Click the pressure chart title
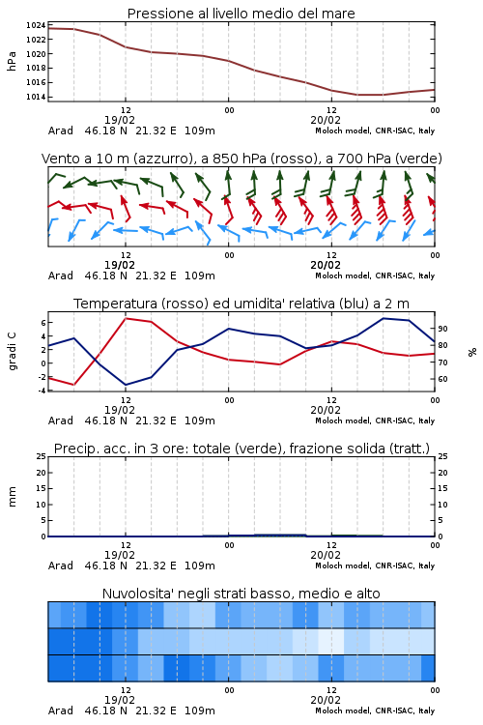pos(241,14)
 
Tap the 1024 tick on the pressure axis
pos(36,25)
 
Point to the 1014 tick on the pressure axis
pos(36,97)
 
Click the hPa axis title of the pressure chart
pos(12,61)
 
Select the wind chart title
pos(241,159)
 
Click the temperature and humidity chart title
pos(241,304)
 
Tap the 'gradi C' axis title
pos(12,351)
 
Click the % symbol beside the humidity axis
pos(472,352)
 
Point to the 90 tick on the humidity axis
pos(442,329)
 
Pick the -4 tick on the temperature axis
pos(42,391)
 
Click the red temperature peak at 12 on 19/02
pos(126,319)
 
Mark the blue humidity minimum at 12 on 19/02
pos(126,385)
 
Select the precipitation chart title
pos(241,449)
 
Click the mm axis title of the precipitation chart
pos(12,497)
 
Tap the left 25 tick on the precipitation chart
pos(42,456)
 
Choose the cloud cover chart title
pos(241,594)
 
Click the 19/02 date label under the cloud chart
pos(119,700)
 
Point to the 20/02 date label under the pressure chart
pos(326,120)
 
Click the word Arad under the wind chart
pos(61,276)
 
